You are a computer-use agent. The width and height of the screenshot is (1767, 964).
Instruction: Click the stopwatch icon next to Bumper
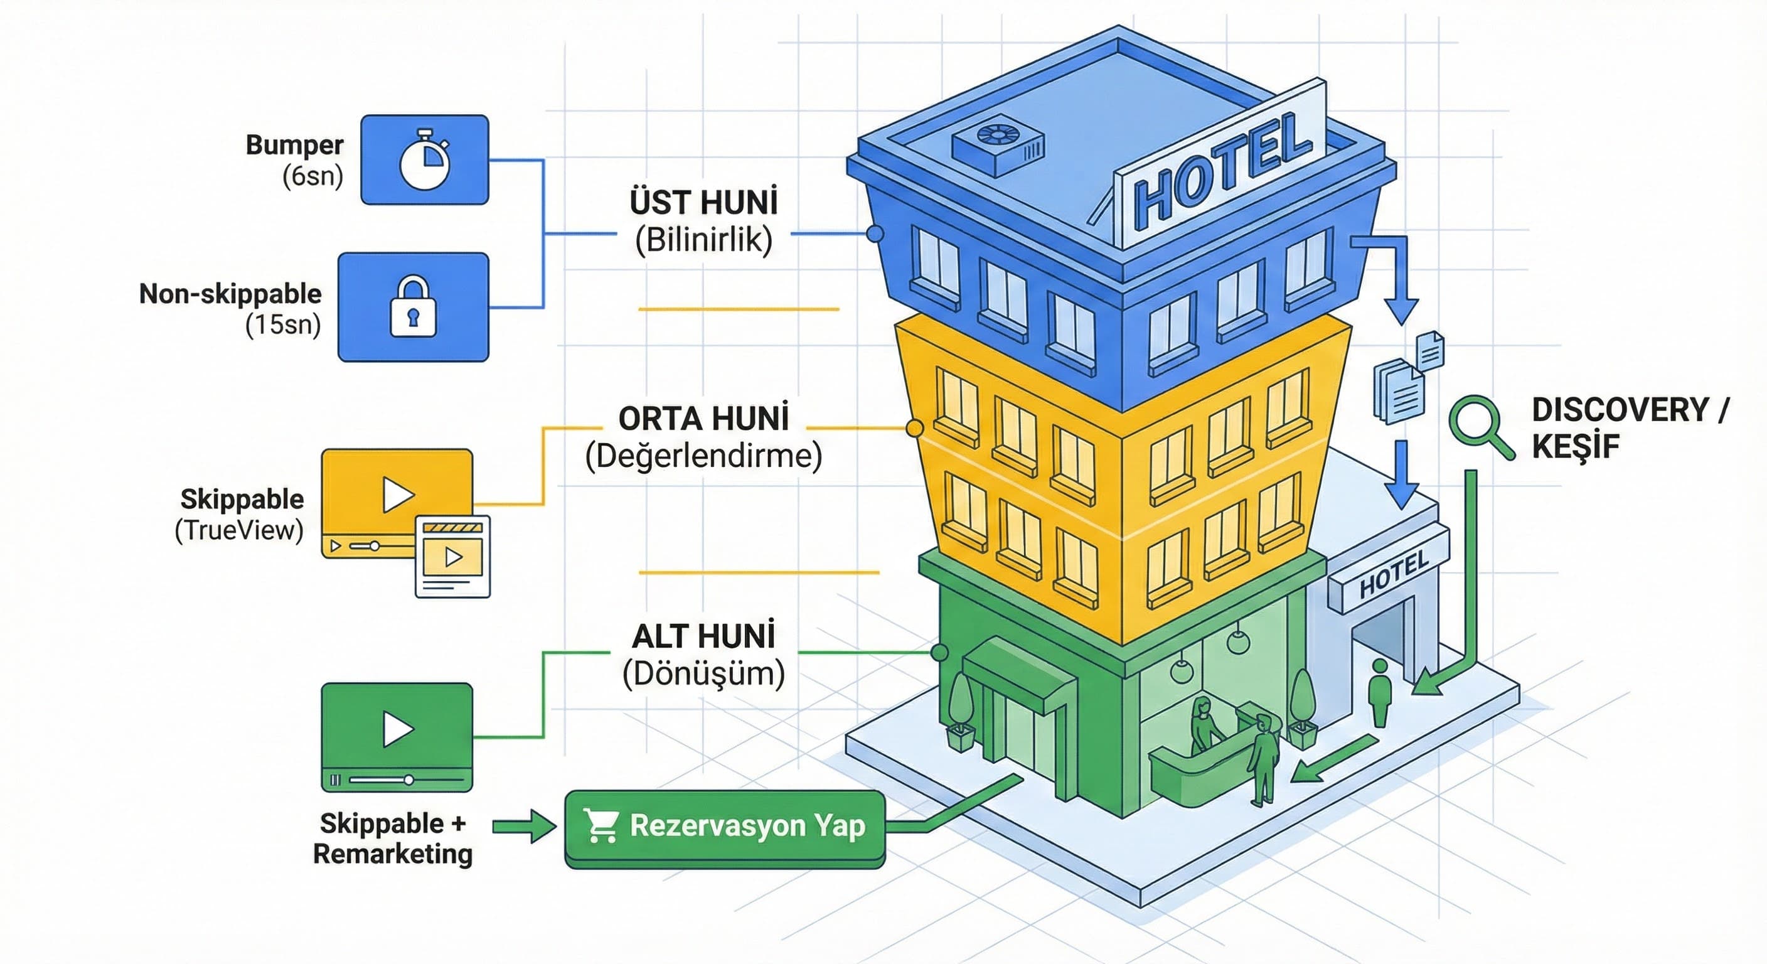[x=425, y=159]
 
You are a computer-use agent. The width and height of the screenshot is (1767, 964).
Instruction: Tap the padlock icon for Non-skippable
[x=413, y=308]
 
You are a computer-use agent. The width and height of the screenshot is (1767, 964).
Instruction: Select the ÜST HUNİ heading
[x=704, y=203]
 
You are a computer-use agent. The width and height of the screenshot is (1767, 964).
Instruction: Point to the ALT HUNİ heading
[x=704, y=636]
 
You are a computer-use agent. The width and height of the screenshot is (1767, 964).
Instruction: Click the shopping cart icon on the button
[x=602, y=825]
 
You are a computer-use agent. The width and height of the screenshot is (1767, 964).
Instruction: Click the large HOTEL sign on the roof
[x=1222, y=172]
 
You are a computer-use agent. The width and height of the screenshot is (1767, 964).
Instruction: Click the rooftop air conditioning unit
[x=998, y=142]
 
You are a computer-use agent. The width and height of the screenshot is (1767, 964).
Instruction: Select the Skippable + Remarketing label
[x=392, y=838]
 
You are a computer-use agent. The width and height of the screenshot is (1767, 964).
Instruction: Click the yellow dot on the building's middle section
[x=914, y=429]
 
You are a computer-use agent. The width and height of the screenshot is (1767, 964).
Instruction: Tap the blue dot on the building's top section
[x=875, y=234]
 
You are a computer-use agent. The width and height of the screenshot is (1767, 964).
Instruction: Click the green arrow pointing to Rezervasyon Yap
[x=524, y=826]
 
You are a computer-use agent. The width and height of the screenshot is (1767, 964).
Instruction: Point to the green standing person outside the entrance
[x=1379, y=693]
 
